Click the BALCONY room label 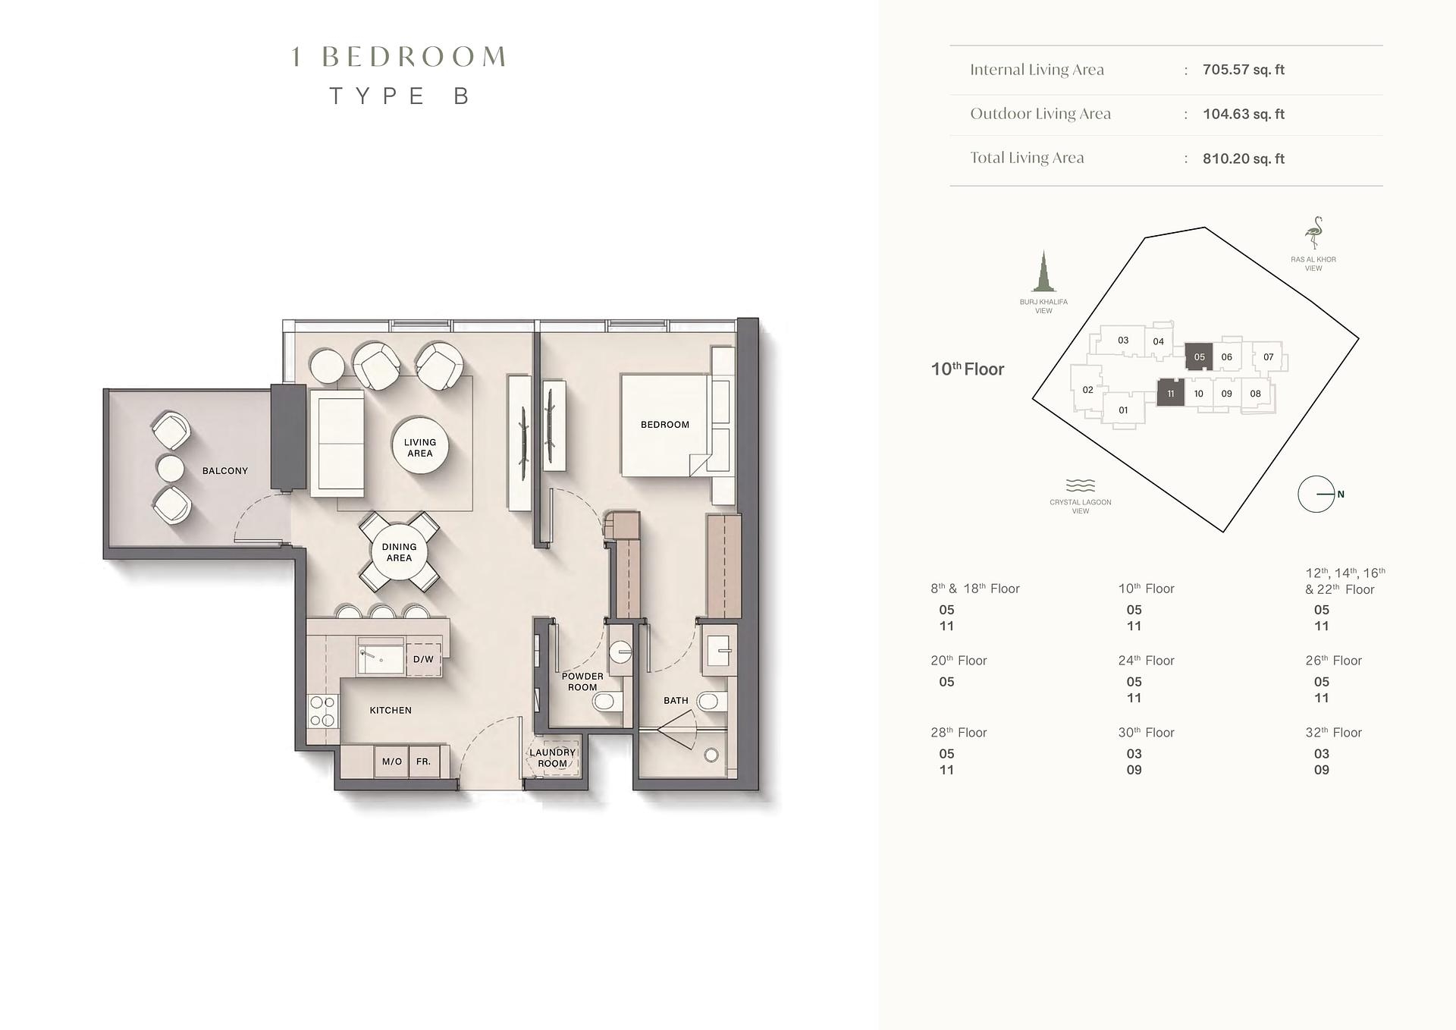225,471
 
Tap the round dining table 399,552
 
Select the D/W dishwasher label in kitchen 423,660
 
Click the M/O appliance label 392,762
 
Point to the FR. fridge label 423,762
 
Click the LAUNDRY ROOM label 553,758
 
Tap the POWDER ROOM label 582,682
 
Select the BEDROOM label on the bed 665,425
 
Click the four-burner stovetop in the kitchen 323,711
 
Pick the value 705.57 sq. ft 1244,70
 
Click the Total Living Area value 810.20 1244,159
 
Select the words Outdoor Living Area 1040,114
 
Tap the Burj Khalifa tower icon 1043,271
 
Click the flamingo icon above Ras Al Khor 1313,234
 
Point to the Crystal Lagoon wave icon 1081,485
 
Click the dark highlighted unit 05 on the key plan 1199,356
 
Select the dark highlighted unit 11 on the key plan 1170,393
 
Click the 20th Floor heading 959,661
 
